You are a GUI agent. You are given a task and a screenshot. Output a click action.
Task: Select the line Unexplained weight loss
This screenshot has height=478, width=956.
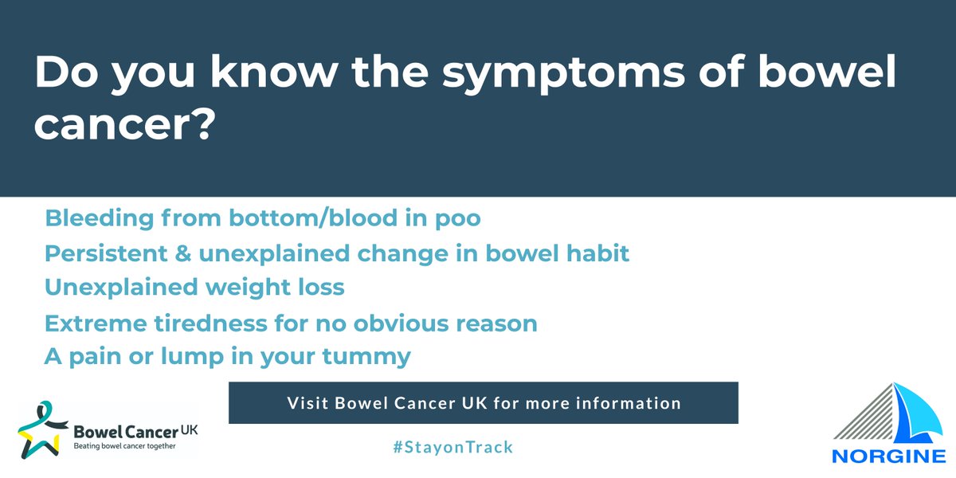pyautogui.click(x=195, y=287)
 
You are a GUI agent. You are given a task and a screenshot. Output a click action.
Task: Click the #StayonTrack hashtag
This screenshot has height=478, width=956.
pyautogui.click(x=453, y=447)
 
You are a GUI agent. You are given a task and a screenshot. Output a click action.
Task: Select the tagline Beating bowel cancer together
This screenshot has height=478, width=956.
pyautogui.click(x=124, y=446)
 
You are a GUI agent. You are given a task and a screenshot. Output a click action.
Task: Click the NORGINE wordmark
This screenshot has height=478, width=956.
pyautogui.click(x=884, y=459)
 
